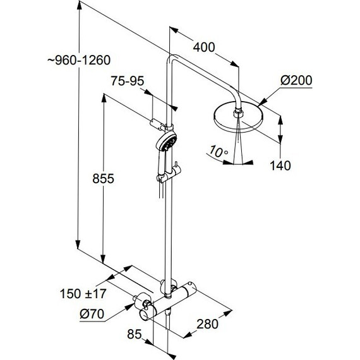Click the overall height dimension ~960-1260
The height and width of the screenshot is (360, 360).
click(x=79, y=60)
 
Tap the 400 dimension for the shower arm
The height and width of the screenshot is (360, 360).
click(x=204, y=47)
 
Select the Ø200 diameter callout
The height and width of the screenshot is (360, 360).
click(x=296, y=80)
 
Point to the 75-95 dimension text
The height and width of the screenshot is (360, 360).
click(x=128, y=81)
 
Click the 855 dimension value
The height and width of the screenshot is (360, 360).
click(x=104, y=178)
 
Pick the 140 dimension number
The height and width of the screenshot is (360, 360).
click(x=280, y=165)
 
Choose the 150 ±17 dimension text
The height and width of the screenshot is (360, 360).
click(x=83, y=294)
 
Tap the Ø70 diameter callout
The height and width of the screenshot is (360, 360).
click(x=92, y=314)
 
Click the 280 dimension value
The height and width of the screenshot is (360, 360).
click(x=207, y=324)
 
